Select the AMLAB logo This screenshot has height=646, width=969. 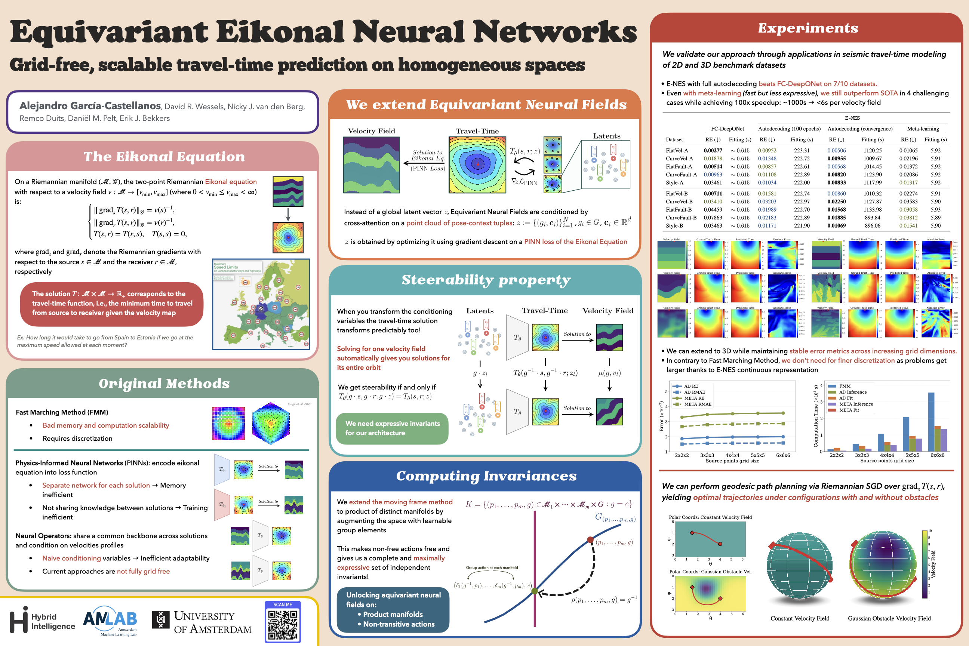110,619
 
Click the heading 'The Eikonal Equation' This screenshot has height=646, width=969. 164,157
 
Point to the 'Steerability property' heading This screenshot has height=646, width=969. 486,280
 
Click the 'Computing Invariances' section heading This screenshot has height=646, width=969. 486,476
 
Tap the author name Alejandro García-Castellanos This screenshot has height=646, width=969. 90,106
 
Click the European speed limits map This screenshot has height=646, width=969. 261,304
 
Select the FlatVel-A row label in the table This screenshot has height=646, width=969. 677,150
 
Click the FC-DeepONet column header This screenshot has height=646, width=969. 727,129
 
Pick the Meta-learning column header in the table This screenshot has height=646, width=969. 923,129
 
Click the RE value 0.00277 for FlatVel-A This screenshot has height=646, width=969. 713,150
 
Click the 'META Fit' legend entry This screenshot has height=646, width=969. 849,410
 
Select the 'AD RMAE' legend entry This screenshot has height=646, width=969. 694,392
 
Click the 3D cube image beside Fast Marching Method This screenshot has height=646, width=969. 270,423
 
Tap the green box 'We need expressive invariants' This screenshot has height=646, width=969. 392,428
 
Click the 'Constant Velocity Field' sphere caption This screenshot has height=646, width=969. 800,618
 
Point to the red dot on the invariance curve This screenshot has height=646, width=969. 590,540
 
